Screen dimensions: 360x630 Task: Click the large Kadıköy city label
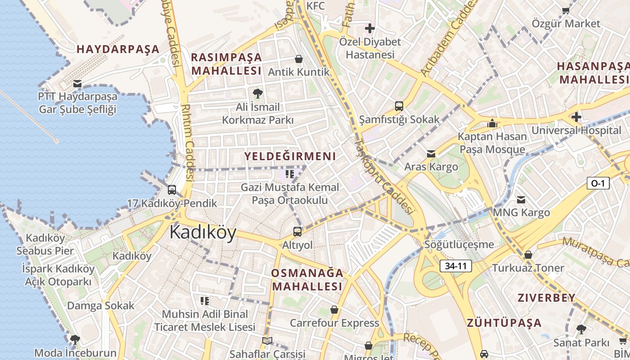(203, 233)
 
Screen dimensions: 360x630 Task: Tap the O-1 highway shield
(598, 183)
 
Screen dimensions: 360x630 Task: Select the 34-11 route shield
(455, 266)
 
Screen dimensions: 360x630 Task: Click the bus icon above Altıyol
(297, 232)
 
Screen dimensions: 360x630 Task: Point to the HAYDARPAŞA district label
(118, 49)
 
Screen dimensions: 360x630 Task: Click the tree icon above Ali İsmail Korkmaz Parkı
(258, 94)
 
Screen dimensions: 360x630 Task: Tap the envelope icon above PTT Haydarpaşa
(77, 83)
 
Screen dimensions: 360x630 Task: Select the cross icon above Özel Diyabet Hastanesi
(369, 29)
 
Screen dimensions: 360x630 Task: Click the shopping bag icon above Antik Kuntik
(298, 59)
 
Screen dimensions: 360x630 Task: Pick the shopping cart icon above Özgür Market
(566, 10)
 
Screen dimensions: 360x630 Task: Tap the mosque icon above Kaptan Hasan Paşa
(492, 123)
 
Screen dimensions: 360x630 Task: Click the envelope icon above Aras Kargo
(431, 153)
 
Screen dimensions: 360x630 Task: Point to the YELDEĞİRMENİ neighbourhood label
(290, 156)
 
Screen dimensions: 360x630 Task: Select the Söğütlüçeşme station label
(459, 245)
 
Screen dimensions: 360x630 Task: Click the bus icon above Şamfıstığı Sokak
(399, 106)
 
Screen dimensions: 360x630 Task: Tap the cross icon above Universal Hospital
(576, 117)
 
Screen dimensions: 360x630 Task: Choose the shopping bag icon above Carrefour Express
(334, 310)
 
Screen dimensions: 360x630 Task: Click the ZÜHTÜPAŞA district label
(504, 323)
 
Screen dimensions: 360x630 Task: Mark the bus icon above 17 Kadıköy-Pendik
(172, 190)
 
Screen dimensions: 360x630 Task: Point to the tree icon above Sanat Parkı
(581, 329)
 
